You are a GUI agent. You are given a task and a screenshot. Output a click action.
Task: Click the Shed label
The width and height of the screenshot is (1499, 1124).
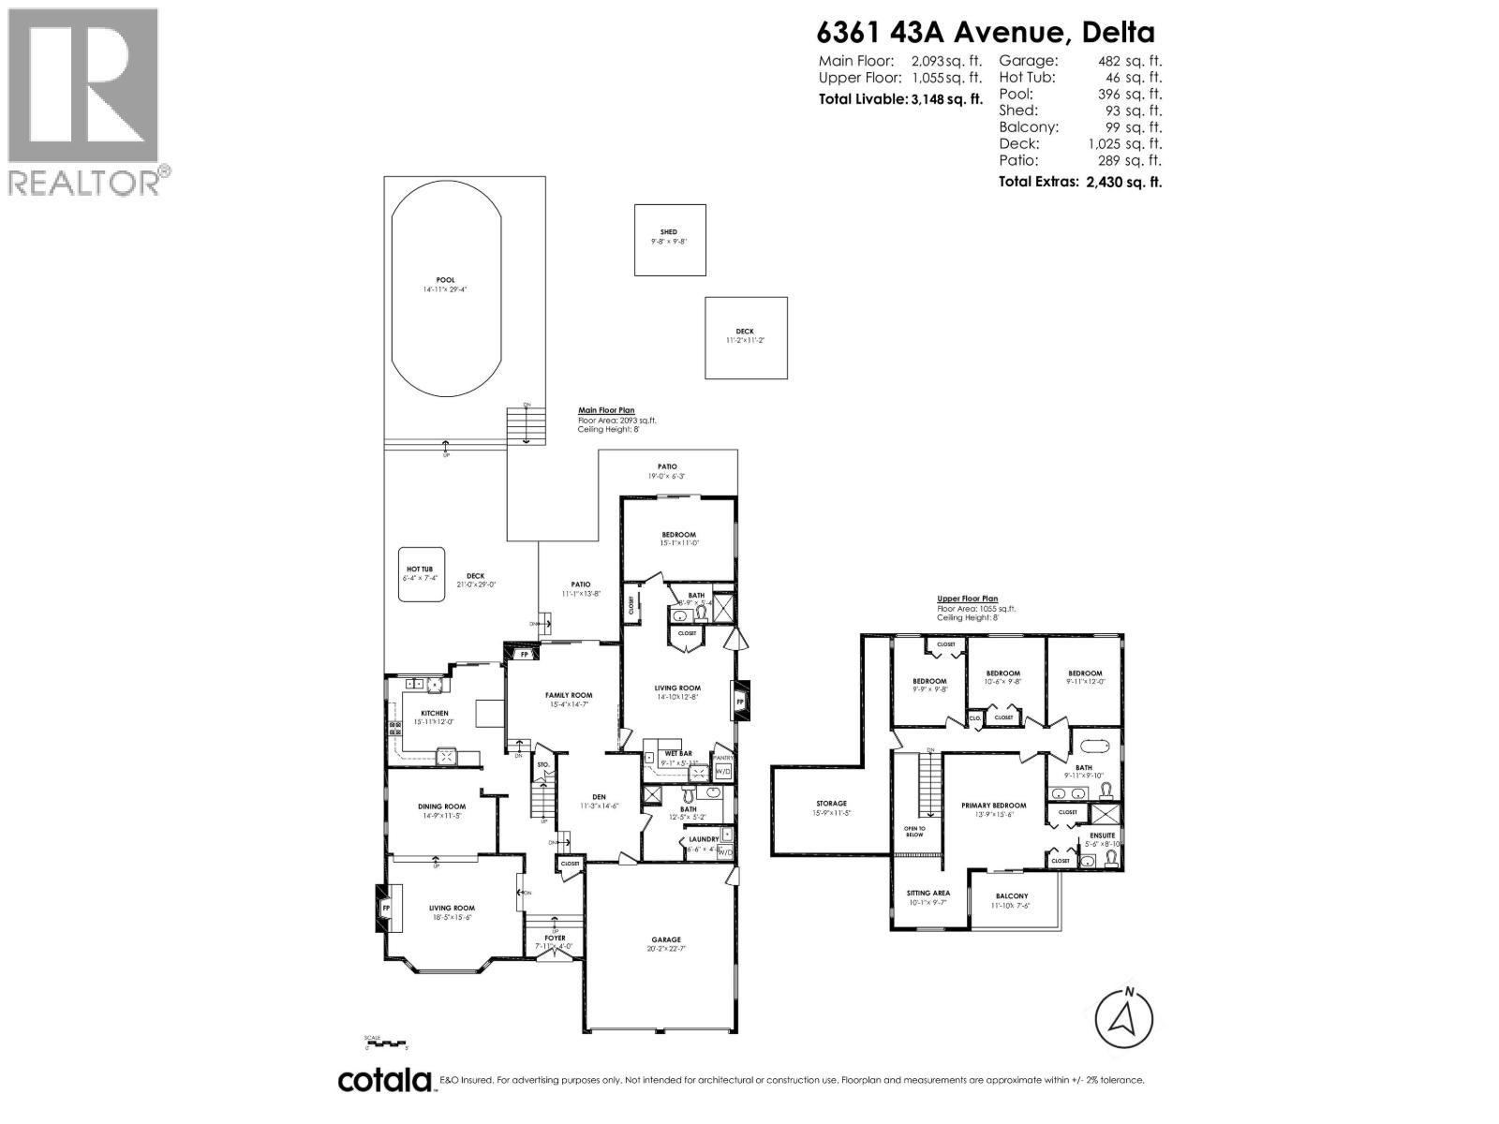[669, 232]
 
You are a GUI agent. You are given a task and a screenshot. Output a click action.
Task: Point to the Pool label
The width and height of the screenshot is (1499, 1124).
[445, 280]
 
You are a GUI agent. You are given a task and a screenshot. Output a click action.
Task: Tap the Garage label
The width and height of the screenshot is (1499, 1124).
[666, 939]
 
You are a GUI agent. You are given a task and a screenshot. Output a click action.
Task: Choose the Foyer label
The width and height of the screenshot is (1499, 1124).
[555, 938]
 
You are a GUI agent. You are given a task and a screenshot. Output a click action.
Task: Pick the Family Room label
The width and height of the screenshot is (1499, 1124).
[570, 695]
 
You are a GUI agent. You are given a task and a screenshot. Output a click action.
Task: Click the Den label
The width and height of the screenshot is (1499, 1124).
[599, 797]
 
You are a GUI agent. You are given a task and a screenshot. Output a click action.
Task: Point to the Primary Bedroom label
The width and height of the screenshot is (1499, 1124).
[993, 806]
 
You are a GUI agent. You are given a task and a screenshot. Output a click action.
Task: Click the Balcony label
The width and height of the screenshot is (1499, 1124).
[1012, 896]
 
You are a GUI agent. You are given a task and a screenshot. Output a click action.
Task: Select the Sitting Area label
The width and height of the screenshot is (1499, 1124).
[928, 894]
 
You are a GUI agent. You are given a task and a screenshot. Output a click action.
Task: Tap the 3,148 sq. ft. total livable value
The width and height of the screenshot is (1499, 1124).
[945, 99]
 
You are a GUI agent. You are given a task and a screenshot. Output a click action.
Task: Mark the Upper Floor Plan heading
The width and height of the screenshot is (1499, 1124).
[968, 599]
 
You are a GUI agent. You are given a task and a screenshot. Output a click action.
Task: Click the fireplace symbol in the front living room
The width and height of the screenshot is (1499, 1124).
[385, 908]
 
